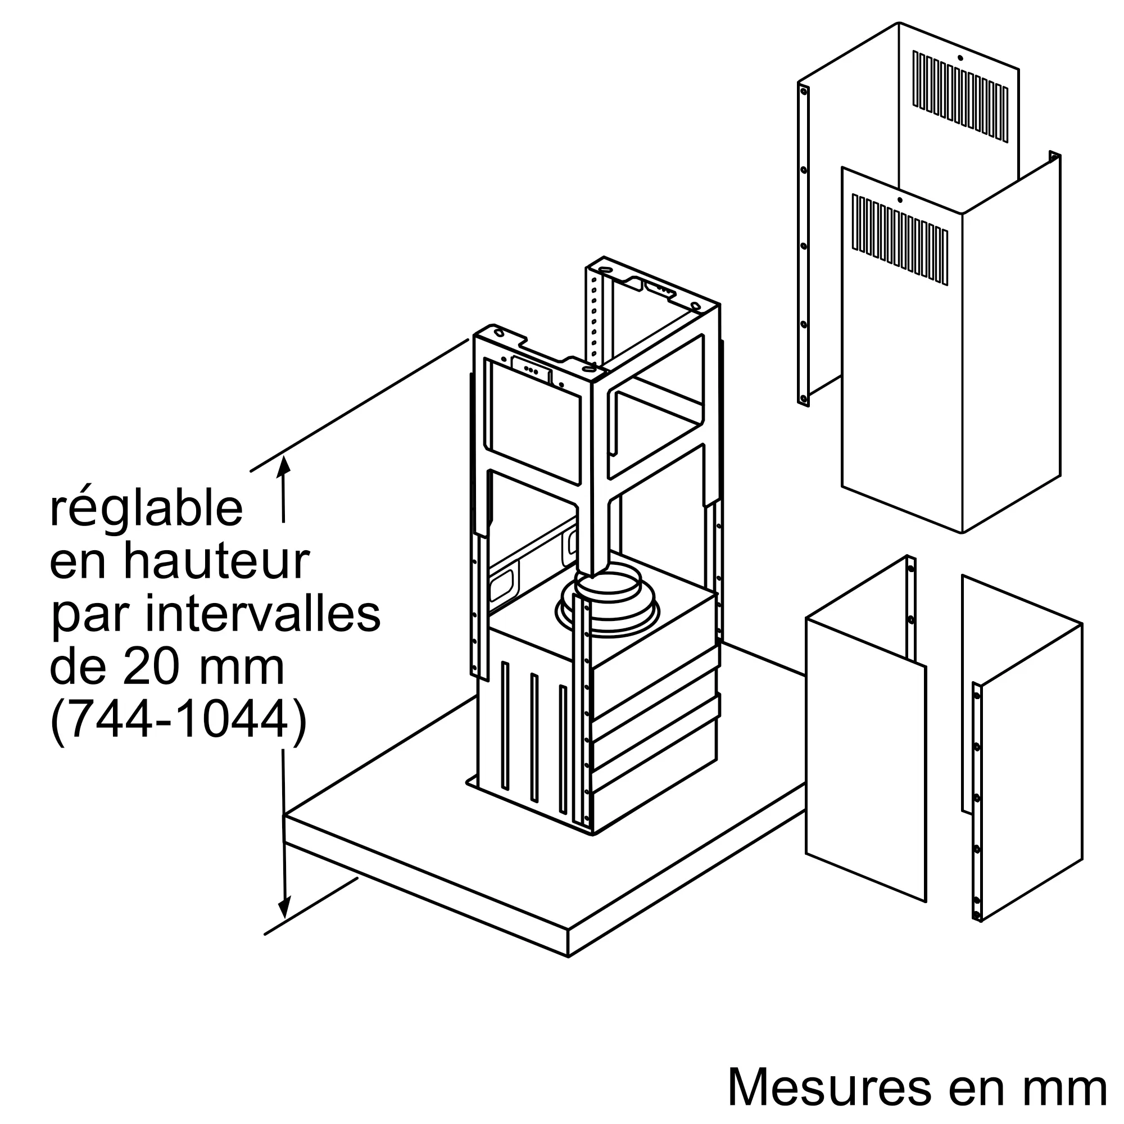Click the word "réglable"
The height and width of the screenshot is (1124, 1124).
146,510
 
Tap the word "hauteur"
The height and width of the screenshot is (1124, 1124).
216,561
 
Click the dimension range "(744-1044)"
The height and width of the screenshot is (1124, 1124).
178,719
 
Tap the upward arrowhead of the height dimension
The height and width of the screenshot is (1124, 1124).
284,466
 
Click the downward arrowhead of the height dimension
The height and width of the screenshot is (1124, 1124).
284,908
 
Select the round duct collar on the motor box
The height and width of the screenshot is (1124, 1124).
608,606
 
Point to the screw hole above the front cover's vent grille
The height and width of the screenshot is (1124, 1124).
899,200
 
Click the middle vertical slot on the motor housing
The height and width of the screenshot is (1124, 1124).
534,738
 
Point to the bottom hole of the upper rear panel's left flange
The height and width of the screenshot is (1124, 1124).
804,398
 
